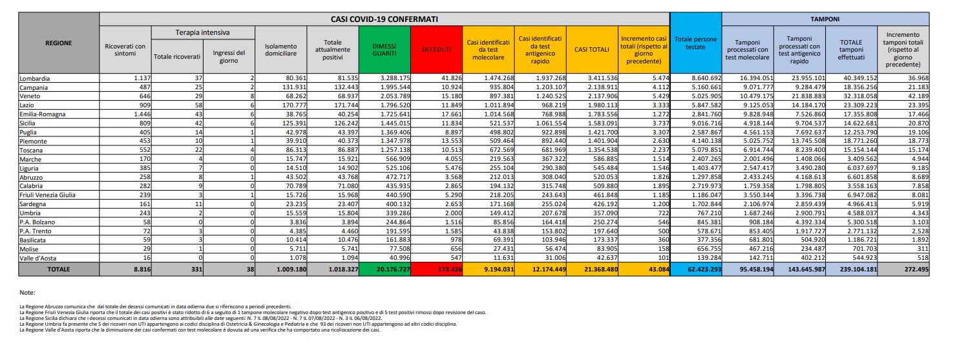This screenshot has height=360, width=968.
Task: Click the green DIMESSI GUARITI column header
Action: click(x=384, y=49)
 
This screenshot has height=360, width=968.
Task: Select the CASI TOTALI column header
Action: click(x=588, y=49)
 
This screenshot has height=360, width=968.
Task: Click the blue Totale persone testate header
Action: click(x=695, y=43)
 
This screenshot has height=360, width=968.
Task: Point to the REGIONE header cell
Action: click(x=58, y=43)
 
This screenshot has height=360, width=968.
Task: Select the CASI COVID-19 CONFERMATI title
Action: click(x=384, y=19)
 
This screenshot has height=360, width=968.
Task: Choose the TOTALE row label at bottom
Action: click(x=58, y=269)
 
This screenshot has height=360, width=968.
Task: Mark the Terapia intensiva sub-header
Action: click(x=202, y=32)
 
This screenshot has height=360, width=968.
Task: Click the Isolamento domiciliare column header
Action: click(x=280, y=49)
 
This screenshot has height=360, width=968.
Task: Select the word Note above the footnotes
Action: click(x=28, y=292)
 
